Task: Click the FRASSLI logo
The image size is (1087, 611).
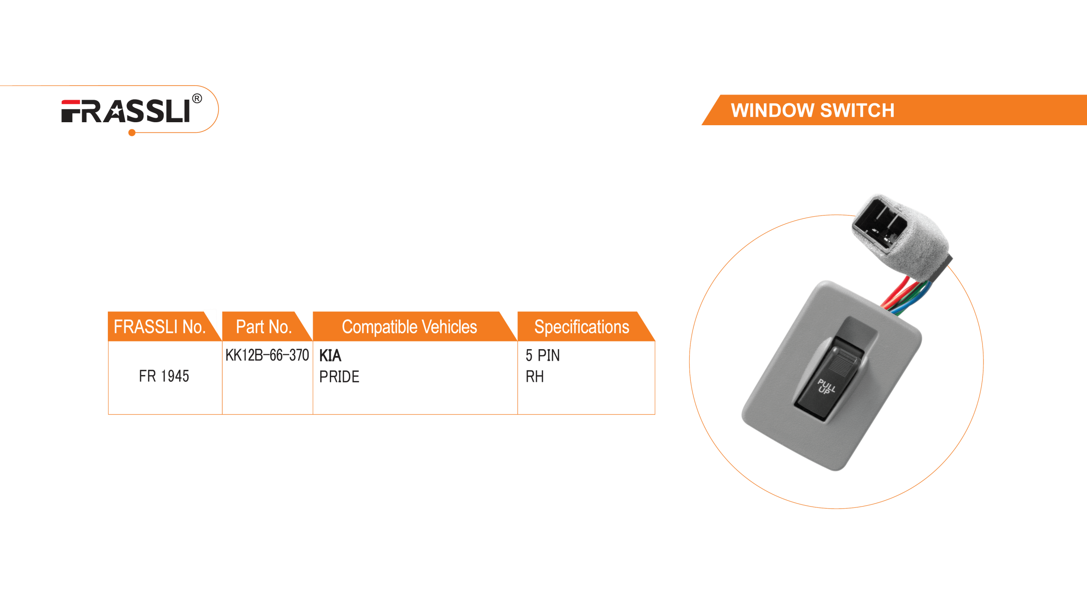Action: click(126, 111)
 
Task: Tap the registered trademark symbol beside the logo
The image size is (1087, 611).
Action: click(197, 99)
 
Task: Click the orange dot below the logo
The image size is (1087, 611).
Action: click(132, 133)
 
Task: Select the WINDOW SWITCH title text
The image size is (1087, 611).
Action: click(812, 110)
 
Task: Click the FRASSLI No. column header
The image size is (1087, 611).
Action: click(159, 327)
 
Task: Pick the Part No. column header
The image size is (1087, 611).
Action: click(264, 327)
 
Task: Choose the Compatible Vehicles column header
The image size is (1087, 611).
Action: click(409, 327)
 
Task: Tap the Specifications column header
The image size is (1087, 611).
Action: click(581, 327)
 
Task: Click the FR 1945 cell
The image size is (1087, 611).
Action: click(164, 376)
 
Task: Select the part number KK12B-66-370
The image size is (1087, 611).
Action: click(267, 355)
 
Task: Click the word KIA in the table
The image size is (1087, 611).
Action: click(330, 355)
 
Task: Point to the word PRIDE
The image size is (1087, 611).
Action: click(339, 376)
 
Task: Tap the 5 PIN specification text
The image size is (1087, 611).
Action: click(543, 355)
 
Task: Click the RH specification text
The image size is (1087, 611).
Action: click(535, 376)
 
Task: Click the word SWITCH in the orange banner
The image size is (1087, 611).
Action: click(857, 110)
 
